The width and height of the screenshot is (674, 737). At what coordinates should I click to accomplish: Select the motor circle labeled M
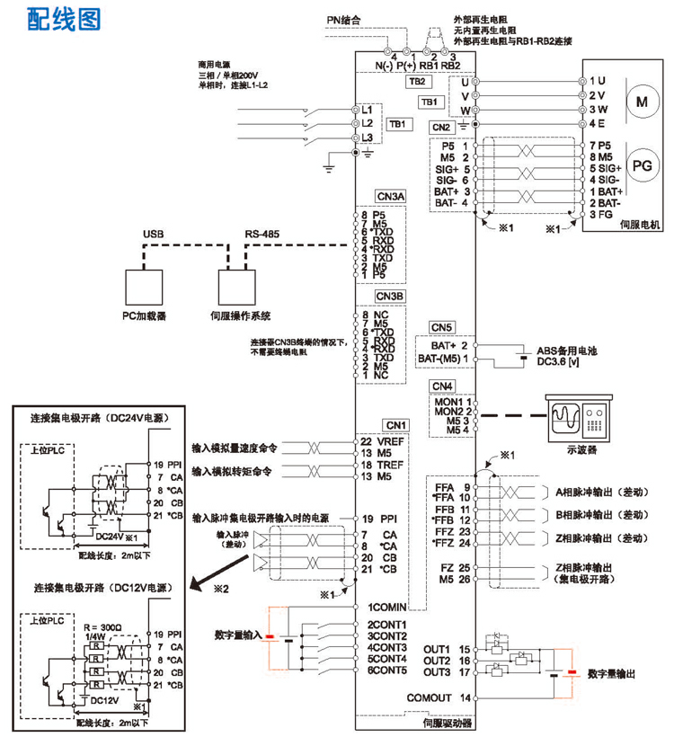(641, 101)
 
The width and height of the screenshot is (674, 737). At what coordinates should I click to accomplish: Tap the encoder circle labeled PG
(641, 164)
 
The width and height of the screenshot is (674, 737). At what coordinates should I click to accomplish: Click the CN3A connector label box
(391, 197)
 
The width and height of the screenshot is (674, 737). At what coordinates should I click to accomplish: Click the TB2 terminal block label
(416, 81)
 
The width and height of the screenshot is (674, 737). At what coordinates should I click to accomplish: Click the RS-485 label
(262, 235)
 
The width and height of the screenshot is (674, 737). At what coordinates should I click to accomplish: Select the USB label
(152, 235)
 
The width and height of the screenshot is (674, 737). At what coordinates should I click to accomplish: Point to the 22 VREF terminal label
(383, 442)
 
